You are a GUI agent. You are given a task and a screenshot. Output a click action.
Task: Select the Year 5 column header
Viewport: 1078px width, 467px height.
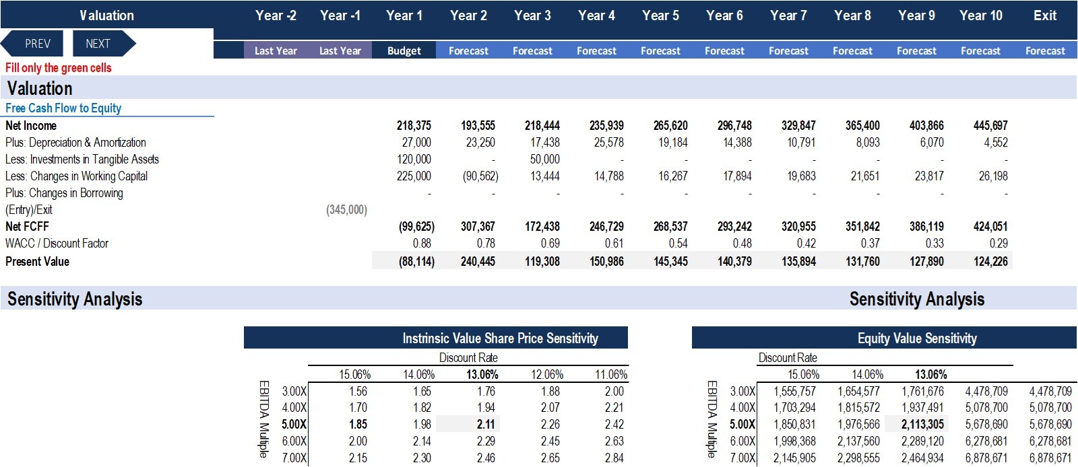coord(660,15)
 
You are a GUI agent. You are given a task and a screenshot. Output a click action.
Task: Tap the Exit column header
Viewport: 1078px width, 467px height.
coord(1045,15)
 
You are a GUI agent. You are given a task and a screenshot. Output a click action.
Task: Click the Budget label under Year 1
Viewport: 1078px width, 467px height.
coord(404,51)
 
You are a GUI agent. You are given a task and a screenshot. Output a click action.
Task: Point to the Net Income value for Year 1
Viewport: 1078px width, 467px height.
coord(414,125)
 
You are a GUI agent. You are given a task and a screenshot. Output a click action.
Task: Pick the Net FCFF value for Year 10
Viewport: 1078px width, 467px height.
coord(990,226)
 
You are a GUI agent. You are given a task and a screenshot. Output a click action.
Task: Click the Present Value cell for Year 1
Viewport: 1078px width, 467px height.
coord(416,261)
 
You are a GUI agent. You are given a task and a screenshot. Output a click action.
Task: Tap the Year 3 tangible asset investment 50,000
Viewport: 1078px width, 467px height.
coord(545,159)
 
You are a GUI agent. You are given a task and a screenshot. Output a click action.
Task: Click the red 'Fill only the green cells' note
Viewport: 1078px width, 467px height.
coord(58,68)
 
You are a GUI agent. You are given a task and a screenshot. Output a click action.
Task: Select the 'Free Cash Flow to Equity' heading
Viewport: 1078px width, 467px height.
coord(63,108)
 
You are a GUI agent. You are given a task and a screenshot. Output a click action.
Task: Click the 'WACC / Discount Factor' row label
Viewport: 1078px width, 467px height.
coord(57,243)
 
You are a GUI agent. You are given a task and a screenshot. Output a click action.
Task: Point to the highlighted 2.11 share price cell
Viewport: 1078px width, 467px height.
coord(486,424)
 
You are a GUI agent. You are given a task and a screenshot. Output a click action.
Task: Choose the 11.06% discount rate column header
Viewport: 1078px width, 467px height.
coord(611,374)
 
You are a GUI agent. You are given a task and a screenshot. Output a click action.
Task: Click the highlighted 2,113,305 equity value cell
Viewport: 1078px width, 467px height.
coord(922,424)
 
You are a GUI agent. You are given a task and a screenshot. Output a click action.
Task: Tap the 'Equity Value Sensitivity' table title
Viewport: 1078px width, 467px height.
coord(917,338)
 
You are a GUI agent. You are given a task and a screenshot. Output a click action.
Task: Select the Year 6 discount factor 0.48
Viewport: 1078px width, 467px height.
coord(742,243)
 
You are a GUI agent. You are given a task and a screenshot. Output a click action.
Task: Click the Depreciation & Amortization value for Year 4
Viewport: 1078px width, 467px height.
coord(609,142)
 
